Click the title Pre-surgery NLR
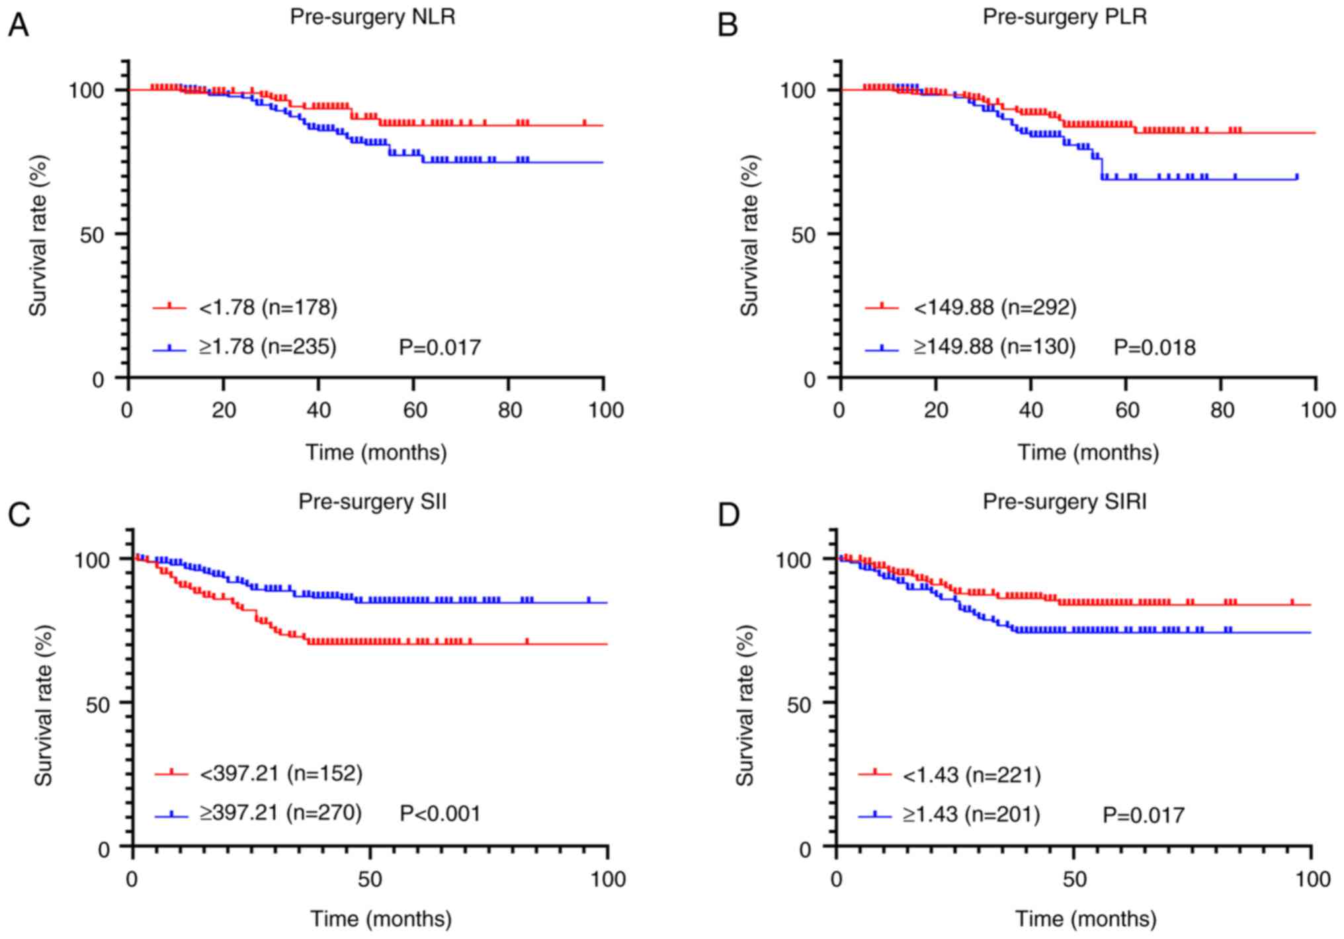click(x=372, y=17)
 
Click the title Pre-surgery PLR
click(x=1064, y=17)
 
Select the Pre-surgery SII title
click(x=372, y=501)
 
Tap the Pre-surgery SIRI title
click(x=1064, y=501)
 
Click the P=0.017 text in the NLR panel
click(x=440, y=347)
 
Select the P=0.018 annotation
click(x=1155, y=347)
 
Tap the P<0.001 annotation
click(x=440, y=813)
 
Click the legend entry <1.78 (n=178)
click(x=268, y=307)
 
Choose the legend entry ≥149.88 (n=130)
click(x=995, y=347)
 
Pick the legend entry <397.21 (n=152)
click(x=280, y=773)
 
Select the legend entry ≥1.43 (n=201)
click(x=972, y=813)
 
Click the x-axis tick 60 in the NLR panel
click(x=414, y=411)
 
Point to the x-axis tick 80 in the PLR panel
click(x=1222, y=411)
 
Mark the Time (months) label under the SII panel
click(x=382, y=919)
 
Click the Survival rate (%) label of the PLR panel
click(x=749, y=235)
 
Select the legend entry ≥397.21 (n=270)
click(x=280, y=813)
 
